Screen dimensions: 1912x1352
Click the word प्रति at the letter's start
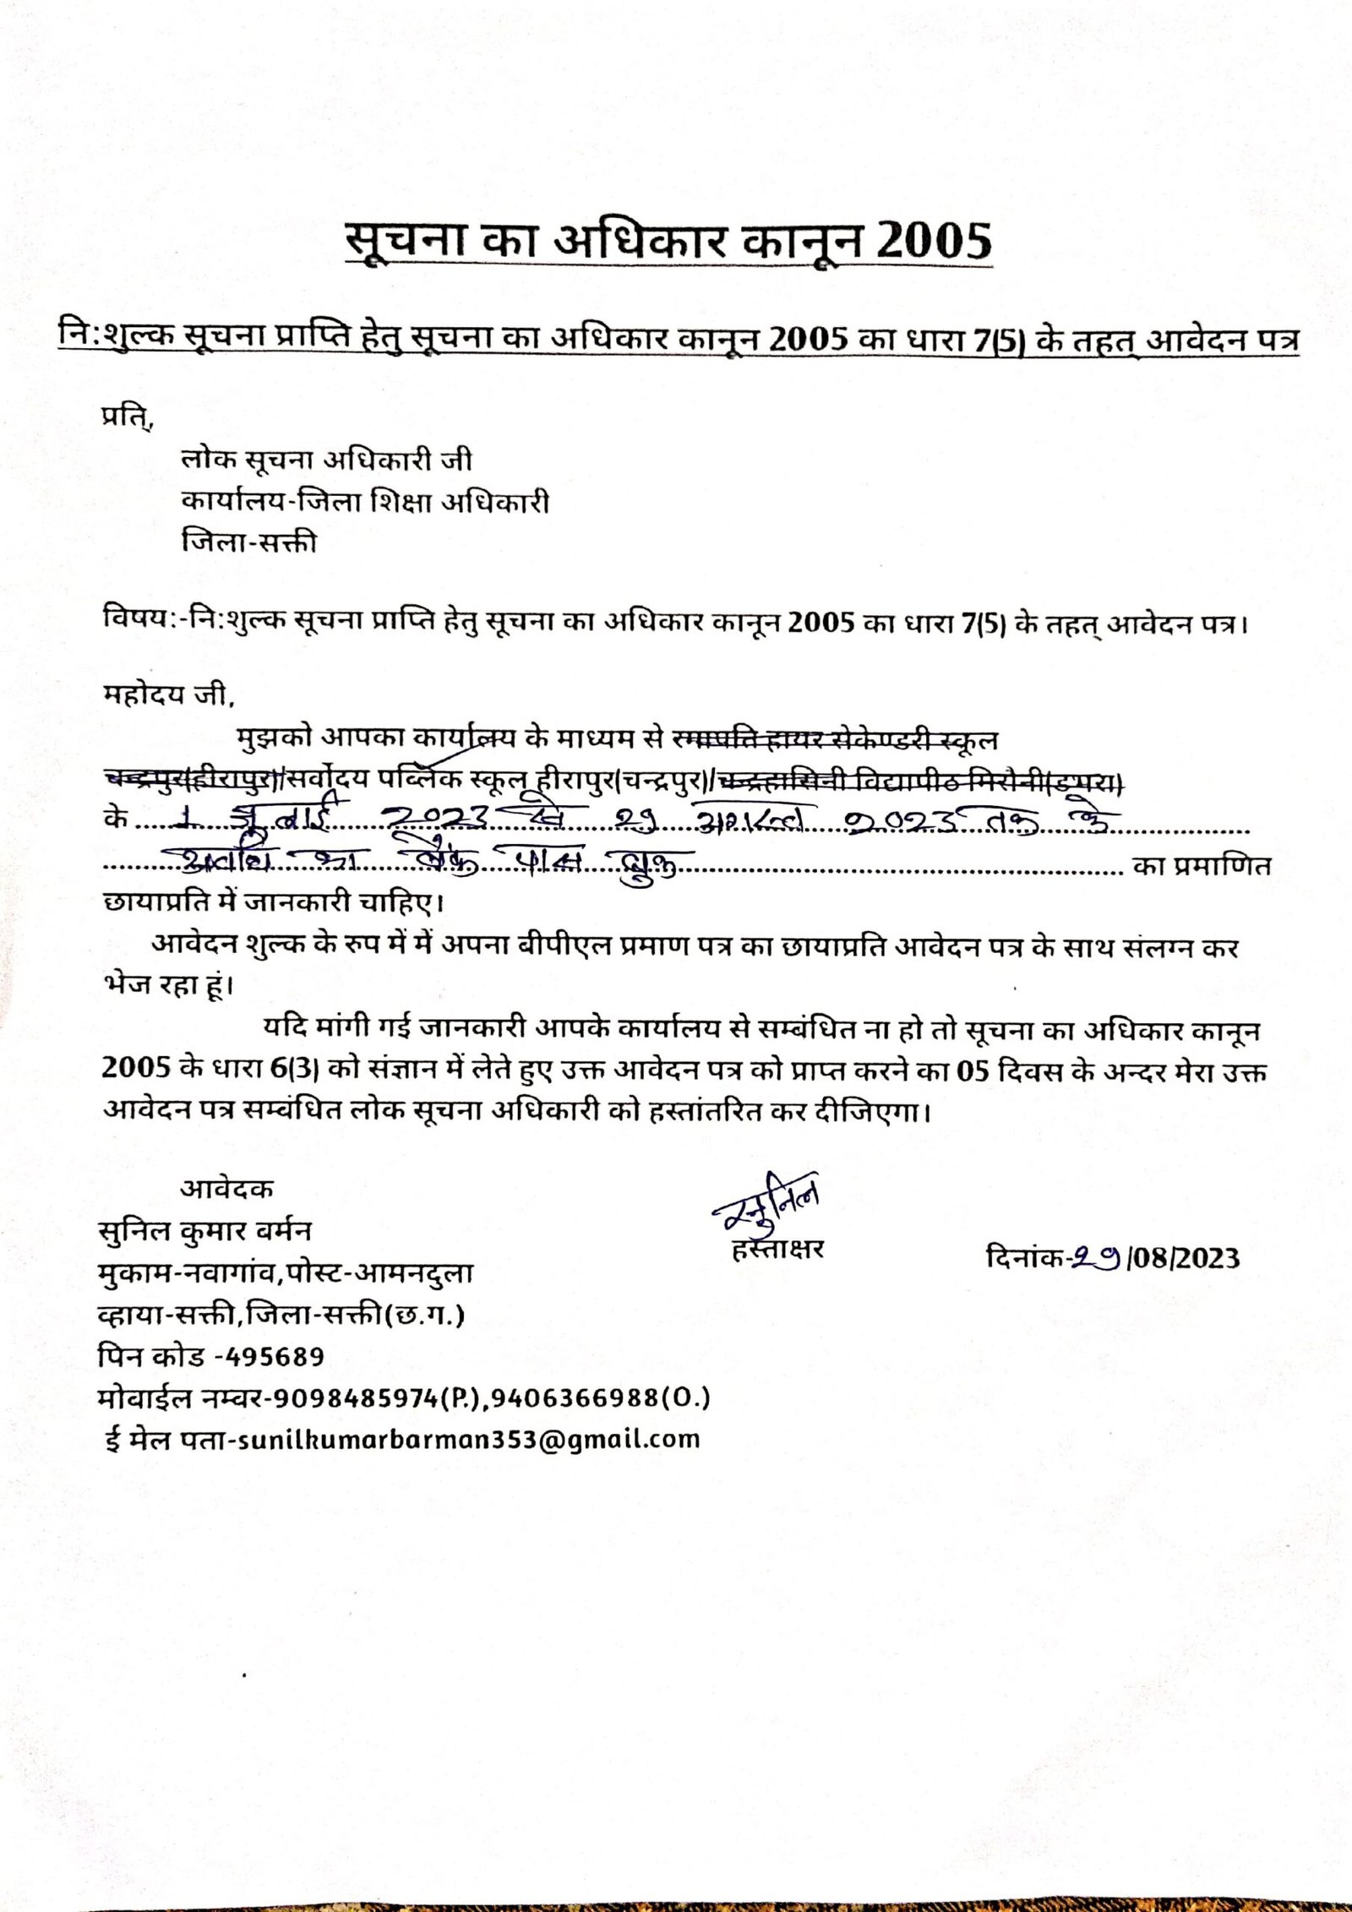click(x=127, y=418)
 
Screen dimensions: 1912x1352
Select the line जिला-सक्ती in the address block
click(x=249, y=542)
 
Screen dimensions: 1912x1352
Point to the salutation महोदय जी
click(x=165, y=695)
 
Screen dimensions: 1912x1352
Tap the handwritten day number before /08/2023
click(x=1097, y=1258)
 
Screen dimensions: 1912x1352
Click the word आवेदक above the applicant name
click(x=226, y=1190)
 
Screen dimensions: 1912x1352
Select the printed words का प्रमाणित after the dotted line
click(x=1202, y=866)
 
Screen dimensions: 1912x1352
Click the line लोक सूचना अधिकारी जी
click(x=327, y=460)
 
